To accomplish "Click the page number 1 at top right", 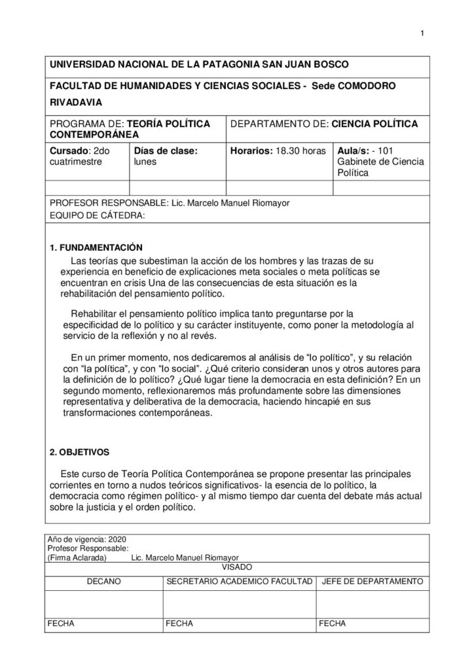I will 423,35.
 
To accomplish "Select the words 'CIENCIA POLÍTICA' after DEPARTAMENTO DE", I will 374,123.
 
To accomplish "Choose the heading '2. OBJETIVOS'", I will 81,451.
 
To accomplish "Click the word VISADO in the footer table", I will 236,567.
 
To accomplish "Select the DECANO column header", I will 103,580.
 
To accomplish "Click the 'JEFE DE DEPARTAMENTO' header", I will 373,580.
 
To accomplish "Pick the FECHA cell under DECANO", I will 61,624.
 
